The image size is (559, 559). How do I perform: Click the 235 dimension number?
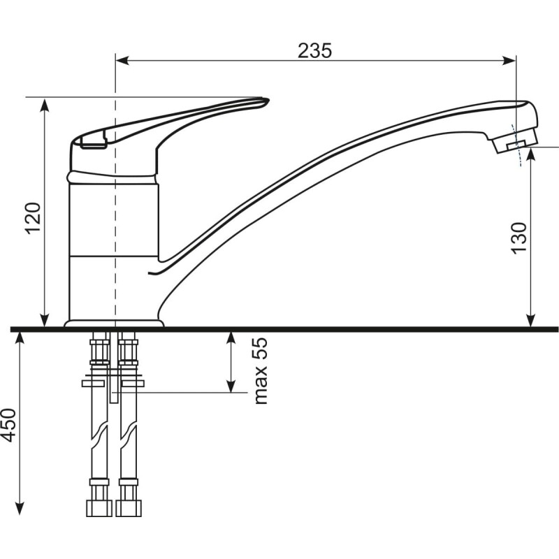tap(315, 50)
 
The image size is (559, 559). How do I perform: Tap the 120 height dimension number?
tap(34, 218)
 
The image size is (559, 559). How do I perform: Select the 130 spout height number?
tap(519, 238)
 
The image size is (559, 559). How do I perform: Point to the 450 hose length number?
tap(8, 426)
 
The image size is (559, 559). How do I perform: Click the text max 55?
tap(260, 371)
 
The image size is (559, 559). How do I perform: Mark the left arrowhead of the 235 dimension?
tap(122, 61)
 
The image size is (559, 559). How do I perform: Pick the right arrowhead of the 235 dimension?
tap(509, 61)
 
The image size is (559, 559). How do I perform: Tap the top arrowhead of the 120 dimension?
tap(45, 105)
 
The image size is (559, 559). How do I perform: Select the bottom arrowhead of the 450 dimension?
tap(20, 508)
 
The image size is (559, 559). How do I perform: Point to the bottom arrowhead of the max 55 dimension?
tap(231, 386)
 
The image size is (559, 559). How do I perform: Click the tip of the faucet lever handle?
tap(268, 100)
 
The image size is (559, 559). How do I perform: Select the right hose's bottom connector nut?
tap(129, 508)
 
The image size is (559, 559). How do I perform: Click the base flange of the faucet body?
tap(114, 324)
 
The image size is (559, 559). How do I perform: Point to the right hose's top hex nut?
tap(129, 352)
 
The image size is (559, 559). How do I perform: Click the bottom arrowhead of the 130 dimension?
tap(531, 320)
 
